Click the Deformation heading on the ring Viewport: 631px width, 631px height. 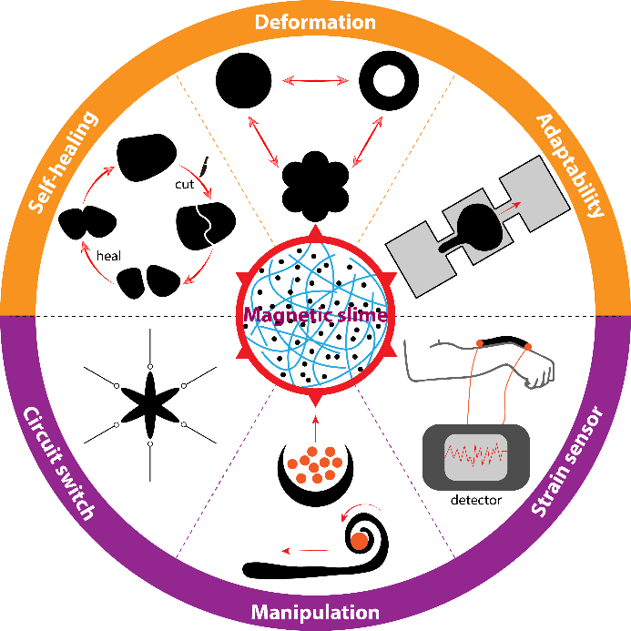pos(315,21)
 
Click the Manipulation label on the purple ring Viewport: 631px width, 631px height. pos(315,611)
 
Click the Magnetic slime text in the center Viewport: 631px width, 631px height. pos(314,315)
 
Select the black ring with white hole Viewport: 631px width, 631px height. pos(385,81)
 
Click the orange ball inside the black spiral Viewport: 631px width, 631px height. pos(359,541)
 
